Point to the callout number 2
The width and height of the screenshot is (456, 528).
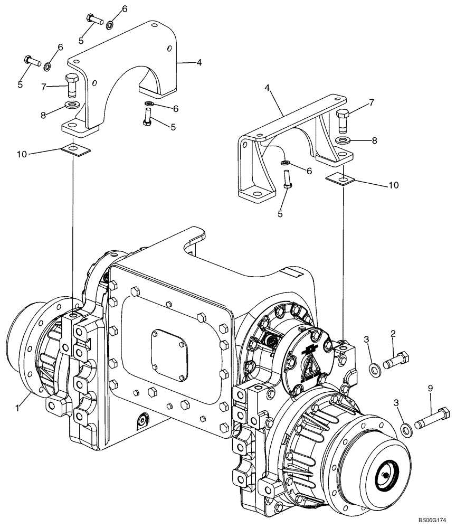(393, 334)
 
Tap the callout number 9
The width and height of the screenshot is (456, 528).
(430, 389)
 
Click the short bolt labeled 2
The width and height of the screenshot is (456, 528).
(397, 361)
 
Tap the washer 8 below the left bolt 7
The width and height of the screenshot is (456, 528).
(73, 105)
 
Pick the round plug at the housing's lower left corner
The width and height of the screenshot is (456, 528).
(142, 420)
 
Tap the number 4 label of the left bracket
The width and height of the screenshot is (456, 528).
(199, 62)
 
